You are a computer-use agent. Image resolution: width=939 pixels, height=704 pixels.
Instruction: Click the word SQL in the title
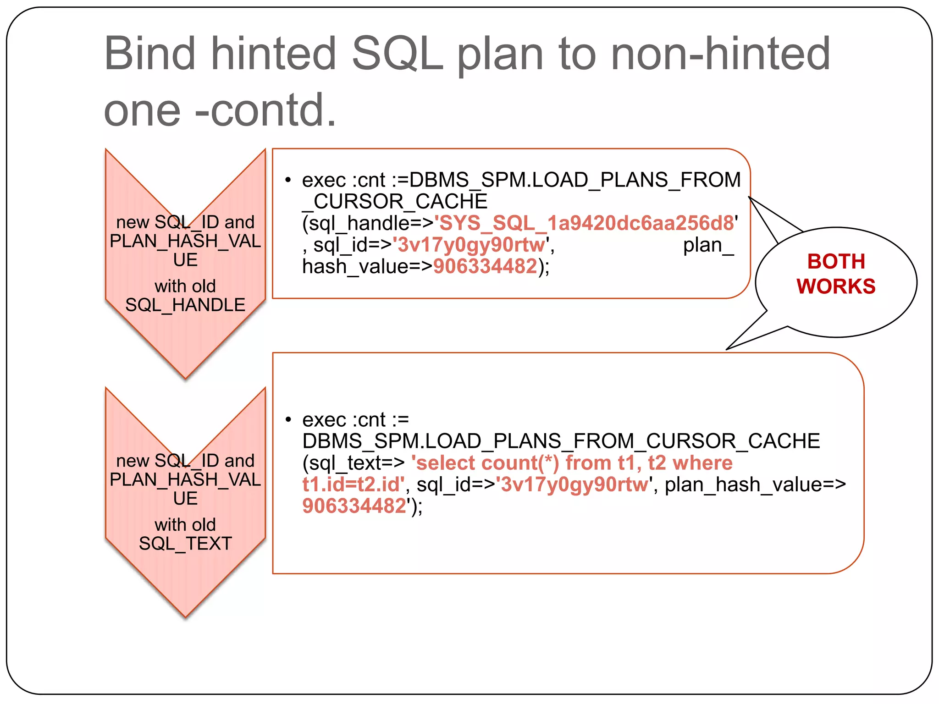[x=397, y=54]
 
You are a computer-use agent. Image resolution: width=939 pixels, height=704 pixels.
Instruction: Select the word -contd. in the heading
[x=266, y=110]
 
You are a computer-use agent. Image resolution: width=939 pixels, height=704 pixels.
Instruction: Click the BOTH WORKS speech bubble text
[x=836, y=274]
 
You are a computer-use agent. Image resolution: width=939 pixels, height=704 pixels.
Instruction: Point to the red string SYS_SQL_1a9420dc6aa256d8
[x=584, y=223]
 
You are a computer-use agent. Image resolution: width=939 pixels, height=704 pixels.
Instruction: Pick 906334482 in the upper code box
[x=485, y=266]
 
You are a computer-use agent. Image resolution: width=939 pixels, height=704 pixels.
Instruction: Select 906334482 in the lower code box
[x=354, y=506]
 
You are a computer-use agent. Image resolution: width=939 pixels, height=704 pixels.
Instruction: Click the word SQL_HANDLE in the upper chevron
[x=185, y=305]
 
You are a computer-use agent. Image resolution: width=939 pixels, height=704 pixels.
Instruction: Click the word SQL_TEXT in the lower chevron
[x=185, y=544]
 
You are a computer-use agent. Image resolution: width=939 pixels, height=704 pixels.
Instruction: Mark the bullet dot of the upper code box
[x=288, y=180]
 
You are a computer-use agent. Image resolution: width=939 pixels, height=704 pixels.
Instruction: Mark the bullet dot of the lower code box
[x=288, y=419]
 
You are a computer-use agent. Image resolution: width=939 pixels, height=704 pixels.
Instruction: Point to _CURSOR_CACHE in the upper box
[x=395, y=202]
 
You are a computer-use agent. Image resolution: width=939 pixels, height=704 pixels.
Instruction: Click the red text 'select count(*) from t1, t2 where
[x=572, y=463]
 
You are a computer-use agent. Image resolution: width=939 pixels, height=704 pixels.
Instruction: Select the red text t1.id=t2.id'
[x=353, y=484]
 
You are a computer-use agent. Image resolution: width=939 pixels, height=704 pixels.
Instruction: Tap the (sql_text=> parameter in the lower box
[x=354, y=463]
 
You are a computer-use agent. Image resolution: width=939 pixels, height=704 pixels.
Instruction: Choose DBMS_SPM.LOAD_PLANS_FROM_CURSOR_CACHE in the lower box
[x=561, y=441]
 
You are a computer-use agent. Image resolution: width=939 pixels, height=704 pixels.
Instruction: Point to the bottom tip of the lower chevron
[x=185, y=616]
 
